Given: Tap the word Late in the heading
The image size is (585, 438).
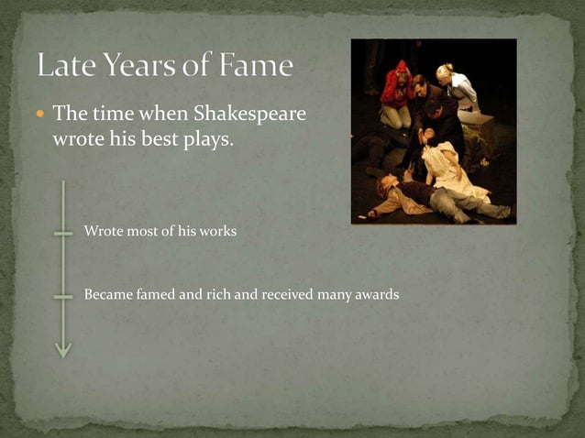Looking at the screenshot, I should coord(66,66).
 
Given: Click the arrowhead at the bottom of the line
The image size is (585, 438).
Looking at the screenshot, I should coord(63,349).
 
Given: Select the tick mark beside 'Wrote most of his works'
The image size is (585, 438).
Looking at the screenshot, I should coord(63,233).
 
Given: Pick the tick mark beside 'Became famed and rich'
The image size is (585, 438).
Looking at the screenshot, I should coord(63,296).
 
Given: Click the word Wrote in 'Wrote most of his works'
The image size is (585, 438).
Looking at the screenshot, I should coord(102,232).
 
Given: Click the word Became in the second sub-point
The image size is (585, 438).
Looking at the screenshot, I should coord(106,295).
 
